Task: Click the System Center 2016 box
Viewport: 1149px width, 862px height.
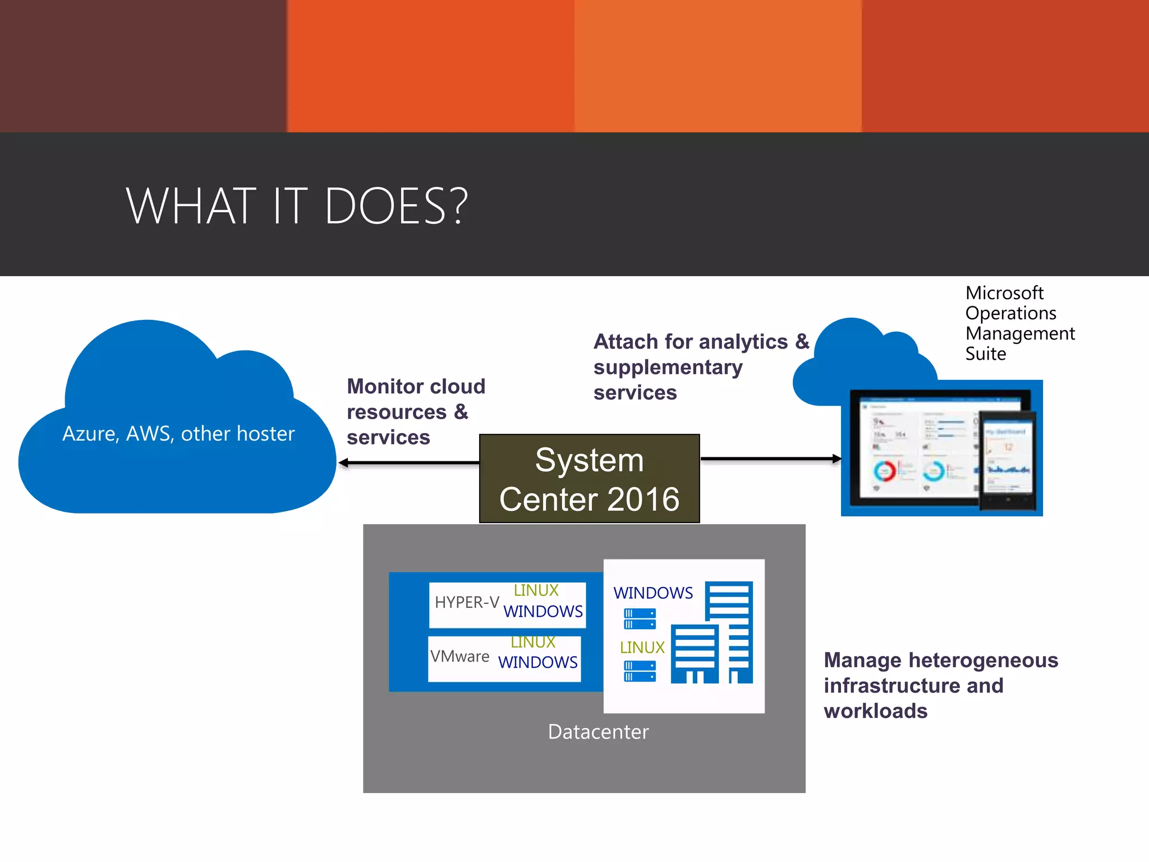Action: (x=589, y=479)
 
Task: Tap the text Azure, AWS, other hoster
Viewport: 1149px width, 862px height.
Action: (x=178, y=434)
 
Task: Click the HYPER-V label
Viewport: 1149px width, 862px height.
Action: (x=467, y=603)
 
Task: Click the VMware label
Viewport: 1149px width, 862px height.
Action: (x=460, y=656)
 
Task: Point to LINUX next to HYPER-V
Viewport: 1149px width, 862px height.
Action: (x=536, y=590)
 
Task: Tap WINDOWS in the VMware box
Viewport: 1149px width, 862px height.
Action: (x=537, y=663)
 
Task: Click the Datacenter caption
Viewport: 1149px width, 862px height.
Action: (x=598, y=732)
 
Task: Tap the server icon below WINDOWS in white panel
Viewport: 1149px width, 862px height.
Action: (x=640, y=619)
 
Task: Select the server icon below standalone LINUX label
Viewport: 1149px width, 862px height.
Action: (x=640, y=671)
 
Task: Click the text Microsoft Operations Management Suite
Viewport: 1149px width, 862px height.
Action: (x=1019, y=323)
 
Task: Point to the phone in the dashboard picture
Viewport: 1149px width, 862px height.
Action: (x=1008, y=460)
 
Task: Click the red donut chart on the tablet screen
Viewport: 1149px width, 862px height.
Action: (x=885, y=471)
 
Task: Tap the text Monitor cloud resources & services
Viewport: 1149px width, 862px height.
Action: (x=415, y=412)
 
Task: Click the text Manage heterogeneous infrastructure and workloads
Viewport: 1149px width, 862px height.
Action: (x=940, y=685)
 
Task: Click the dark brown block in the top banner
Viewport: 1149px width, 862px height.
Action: (x=143, y=66)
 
